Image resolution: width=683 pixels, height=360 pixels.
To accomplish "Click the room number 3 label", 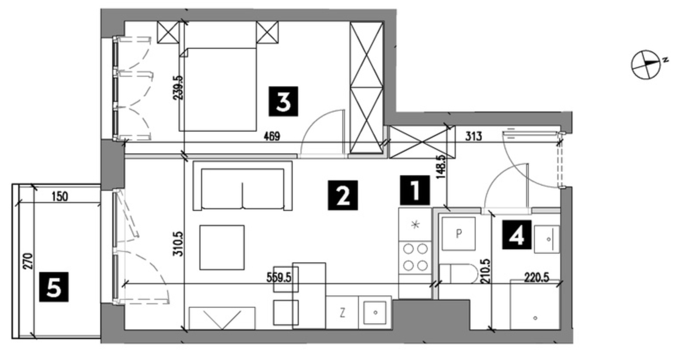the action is click(x=283, y=102).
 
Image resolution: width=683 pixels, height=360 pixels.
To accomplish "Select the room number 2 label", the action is click(x=343, y=195).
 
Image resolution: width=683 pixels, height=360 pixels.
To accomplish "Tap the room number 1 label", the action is click(x=415, y=190).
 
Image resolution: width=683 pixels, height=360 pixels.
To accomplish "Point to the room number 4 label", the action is click(x=517, y=234).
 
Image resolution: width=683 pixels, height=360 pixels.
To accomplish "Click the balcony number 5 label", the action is click(x=54, y=287).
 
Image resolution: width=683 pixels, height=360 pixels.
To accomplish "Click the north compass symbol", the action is click(x=646, y=65).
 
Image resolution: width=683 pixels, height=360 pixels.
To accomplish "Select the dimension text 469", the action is click(x=272, y=136).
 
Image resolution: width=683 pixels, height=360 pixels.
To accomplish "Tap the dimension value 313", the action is click(x=473, y=136).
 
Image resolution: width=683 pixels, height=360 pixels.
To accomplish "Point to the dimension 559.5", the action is click(x=279, y=278).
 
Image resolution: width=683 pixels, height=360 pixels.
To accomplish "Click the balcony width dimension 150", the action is click(x=60, y=197).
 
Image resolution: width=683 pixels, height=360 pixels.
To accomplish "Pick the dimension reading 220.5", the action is click(x=537, y=278).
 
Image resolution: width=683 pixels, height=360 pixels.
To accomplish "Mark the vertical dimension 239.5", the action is click(x=178, y=88).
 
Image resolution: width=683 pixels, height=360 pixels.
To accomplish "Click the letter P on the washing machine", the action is click(x=459, y=234).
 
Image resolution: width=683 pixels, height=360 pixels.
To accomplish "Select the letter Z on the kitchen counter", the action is click(x=342, y=313).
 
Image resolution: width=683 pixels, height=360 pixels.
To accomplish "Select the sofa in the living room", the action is click(x=243, y=186).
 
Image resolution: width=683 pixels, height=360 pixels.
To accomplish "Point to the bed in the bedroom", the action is click(x=217, y=89).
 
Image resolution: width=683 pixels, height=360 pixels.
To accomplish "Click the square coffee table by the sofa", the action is click(x=222, y=248).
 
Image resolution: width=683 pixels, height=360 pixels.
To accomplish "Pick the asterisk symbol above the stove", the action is click(x=415, y=225).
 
